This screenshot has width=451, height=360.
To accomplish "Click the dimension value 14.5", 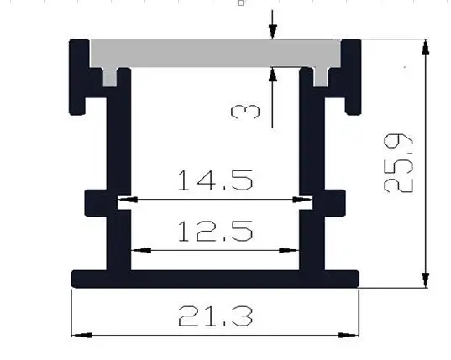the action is pos(216,180).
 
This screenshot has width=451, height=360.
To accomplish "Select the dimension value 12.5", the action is pos(216,231).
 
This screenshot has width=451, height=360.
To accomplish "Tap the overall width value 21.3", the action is pos(216,316).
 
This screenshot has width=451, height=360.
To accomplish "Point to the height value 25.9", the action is pos(398,163).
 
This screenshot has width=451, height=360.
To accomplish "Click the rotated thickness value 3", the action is pos(245,112).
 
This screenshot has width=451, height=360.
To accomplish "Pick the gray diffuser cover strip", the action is pos(215,53).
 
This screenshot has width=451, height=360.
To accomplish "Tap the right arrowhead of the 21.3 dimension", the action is pos(349,335).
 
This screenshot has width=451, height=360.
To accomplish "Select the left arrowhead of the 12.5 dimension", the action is pos(141,250).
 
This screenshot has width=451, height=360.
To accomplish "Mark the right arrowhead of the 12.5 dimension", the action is pos(289,250).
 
